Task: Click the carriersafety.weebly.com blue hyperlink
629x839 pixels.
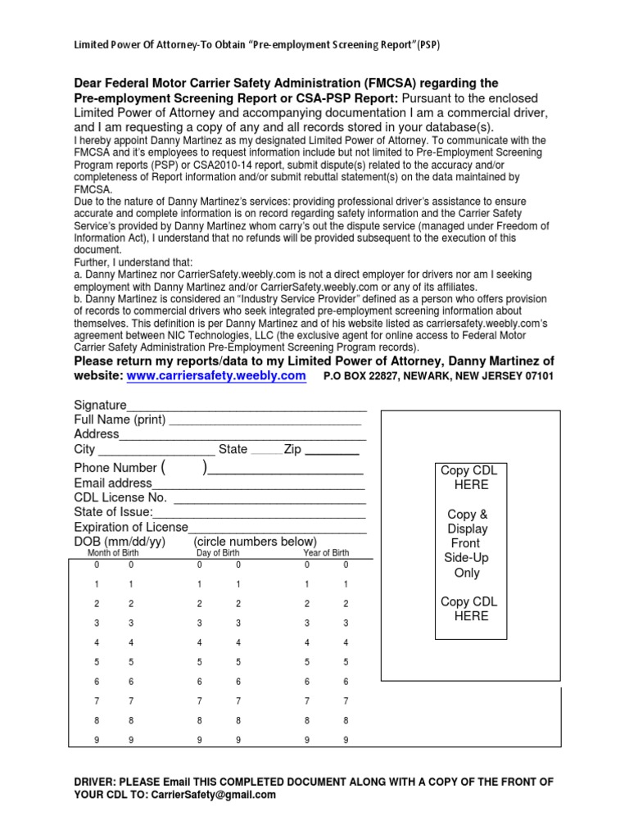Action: coord(216,375)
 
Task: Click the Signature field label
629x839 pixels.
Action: coord(100,406)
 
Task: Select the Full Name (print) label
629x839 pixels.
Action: coord(120,419)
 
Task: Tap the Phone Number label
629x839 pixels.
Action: coord(115,468)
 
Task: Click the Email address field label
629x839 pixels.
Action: coord(113,483)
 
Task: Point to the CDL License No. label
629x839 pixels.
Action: coord(120,498)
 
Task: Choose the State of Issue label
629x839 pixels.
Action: coord(113,512)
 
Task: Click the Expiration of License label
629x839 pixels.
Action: coord(131,527)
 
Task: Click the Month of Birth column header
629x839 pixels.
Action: coord(113,553)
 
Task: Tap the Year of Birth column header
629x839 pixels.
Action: coord(326,553)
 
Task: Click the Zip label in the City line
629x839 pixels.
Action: coord(292,450)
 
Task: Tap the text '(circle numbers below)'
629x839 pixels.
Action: coord(255,542)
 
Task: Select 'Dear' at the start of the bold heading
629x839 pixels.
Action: coord(89,84)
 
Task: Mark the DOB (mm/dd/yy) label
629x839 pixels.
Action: coord(120,542)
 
